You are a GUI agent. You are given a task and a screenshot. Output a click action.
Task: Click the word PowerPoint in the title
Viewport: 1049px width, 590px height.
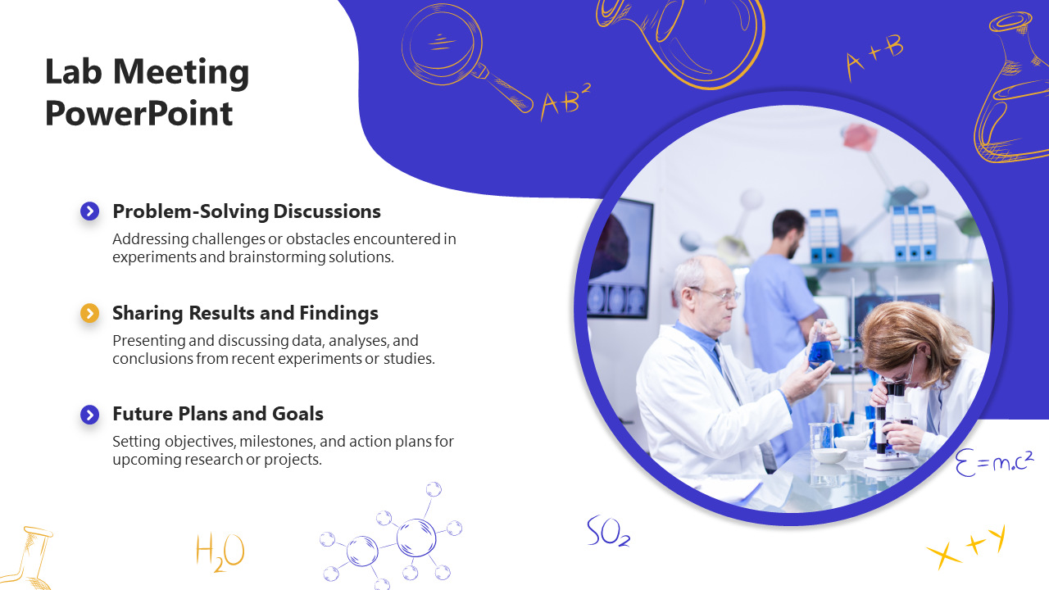point(139,114)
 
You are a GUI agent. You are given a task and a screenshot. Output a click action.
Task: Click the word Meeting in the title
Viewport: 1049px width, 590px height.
point(181,73)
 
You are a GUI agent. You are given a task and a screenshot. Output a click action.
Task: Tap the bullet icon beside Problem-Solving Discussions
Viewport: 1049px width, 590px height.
point(89,211)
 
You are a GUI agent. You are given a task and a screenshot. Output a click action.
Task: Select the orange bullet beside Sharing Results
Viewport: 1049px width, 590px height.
point(89,313)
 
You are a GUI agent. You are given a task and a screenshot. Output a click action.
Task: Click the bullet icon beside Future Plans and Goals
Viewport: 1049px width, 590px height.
point(89,415)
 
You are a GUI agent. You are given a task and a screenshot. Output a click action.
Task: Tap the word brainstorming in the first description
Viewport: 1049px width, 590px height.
point(277,257)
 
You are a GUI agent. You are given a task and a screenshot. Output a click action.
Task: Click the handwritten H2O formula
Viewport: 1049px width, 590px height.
point(220,552)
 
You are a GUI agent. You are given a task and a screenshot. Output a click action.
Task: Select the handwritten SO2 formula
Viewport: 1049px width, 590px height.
point(608,531)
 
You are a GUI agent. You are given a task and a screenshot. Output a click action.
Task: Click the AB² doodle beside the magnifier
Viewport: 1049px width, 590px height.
point(565,101)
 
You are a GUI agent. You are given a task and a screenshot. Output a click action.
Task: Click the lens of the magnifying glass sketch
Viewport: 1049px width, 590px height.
point(442,45)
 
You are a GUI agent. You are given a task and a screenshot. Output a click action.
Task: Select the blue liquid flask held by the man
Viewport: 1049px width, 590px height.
point(820,349)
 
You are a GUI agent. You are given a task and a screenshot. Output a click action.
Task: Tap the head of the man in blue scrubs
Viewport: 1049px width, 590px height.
point(788,233)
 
